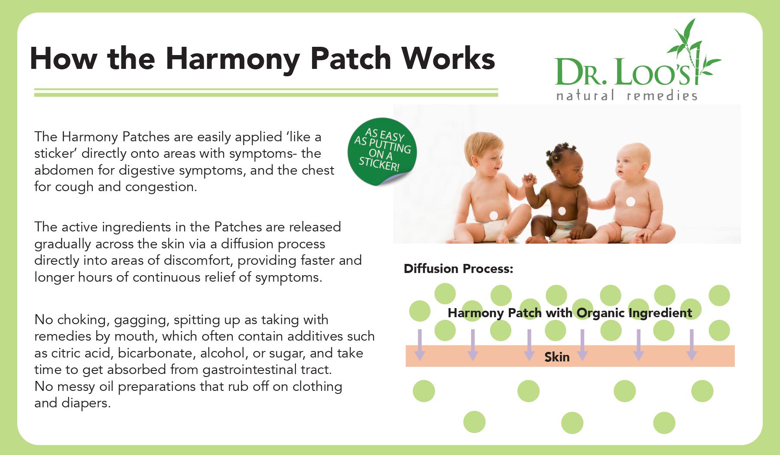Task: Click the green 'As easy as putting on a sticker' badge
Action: coord(382,151)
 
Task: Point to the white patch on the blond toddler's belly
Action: coord(494,215)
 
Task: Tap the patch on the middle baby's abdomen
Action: coord(562,211)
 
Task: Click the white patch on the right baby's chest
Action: coord(630,201)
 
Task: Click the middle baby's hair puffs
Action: coord(564,151)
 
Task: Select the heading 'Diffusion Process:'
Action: coord(458,269)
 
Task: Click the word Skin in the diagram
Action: coord(557,357)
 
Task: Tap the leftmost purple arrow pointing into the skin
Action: coord(419,345)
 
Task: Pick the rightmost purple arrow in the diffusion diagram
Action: coord(692,345)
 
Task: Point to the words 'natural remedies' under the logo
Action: coord(627,95)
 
